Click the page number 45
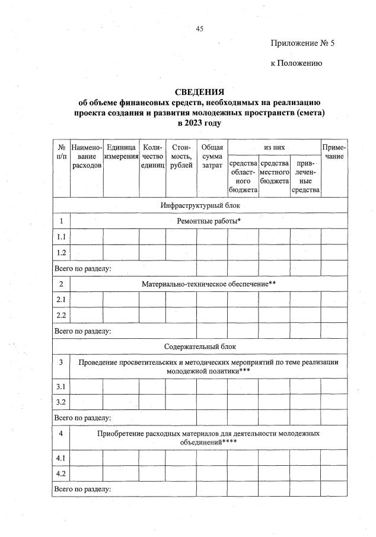(199, 28)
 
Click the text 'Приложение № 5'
(298, 43)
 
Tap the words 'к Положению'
(297, 63)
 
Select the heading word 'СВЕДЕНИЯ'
(199, 92)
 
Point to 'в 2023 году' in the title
(199, 123)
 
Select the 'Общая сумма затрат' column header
(212, 155)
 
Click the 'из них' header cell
(273, 146)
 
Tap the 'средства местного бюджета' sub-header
(274, 171)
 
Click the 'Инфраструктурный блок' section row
(199, 205)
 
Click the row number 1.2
(61, 252)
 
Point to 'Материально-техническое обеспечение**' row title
(209, 284)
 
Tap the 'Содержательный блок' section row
(199, 346)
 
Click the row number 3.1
(61, 387)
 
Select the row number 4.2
(61, 474)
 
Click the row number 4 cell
(61, 434)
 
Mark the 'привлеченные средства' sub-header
(305, 176)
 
